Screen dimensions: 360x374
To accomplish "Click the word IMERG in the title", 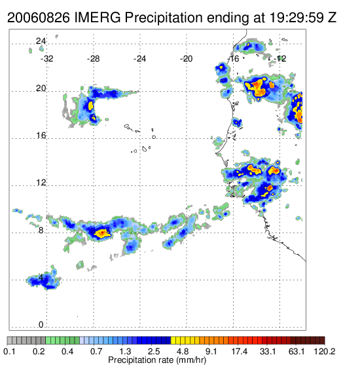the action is (x=98, y=18).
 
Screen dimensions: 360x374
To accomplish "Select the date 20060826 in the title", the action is (x=39, y=18).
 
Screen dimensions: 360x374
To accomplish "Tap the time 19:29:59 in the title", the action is (x=297, y=18).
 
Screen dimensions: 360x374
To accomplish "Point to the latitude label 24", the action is (x=41, y=41).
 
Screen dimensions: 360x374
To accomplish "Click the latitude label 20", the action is (x=41, y=88).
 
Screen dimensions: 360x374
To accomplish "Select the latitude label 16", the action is (x=41, y=136).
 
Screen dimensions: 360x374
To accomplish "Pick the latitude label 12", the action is (x=41, y=183).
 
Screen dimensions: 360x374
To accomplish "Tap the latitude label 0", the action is (x=41, y=324).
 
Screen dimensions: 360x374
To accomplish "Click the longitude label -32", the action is (x=46, y=59).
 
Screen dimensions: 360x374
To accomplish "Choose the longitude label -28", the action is (x=93, y=59).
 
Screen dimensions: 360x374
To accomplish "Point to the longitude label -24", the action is (x=139, y=59).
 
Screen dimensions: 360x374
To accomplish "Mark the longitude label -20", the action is (x=186, y=59).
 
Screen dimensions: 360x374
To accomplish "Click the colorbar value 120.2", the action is (x=324, y=351).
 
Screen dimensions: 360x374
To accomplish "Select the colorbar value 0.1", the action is (x=10, y=351).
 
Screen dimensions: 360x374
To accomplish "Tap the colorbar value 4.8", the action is (x=183, y=351).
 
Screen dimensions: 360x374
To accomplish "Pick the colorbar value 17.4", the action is (x=240, y=351).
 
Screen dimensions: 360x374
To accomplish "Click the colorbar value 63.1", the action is (x=297, y=351).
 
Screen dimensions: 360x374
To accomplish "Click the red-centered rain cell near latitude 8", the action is (x=102, y=233).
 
